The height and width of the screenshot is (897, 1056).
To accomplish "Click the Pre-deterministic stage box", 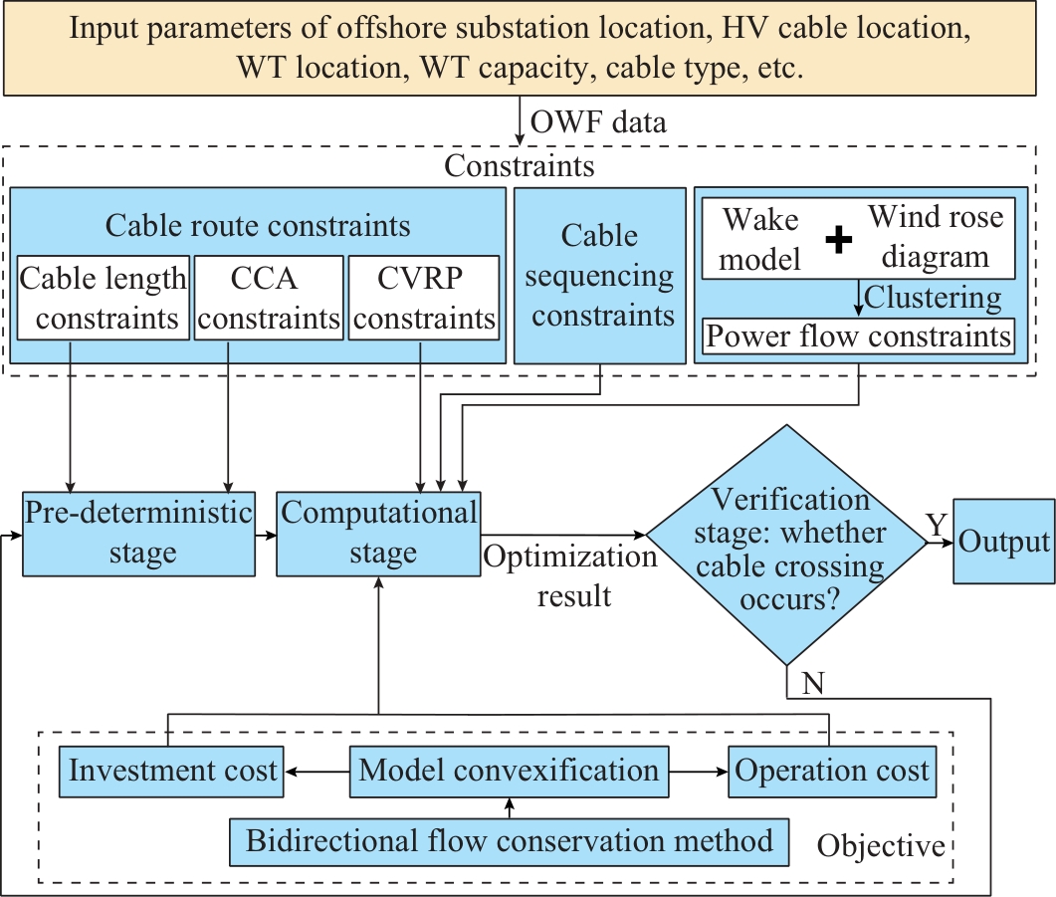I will pos(139,534).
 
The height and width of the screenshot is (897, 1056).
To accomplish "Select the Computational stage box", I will pos(378,534).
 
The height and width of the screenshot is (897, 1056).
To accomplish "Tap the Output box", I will pos(1003,541).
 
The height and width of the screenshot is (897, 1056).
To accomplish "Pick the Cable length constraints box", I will pos(104,298).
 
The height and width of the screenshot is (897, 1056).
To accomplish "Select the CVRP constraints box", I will pos(423,298).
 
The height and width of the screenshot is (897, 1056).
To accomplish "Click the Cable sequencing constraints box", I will pos(600,276).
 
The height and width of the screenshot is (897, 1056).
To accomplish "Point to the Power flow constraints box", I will pos(859,336).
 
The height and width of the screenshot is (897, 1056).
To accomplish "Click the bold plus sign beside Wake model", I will pos(839,239).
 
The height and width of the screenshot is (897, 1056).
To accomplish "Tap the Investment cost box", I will pos(172,772).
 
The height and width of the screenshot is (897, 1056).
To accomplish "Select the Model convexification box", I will pos(509,772).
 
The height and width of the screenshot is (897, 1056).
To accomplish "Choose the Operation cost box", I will pos(832,772).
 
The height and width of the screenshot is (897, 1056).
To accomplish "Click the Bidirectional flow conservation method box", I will pos(510,841).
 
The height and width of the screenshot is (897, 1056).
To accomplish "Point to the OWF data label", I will pos(598,123).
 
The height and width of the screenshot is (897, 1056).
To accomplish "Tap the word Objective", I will pos(881,846).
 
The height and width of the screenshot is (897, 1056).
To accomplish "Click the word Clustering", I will pos(933,297).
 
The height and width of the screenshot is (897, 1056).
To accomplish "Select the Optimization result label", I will pos(571,575).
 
